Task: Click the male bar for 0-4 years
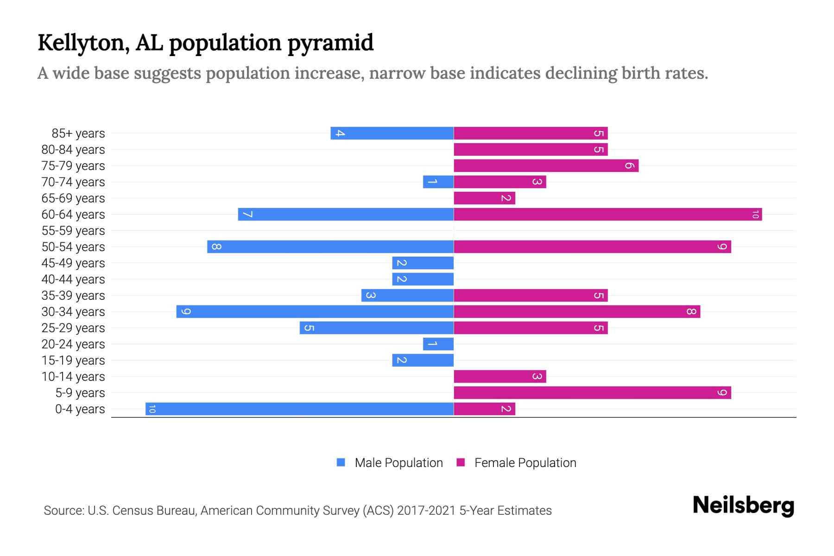coord(299,409)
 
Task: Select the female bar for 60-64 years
coord(607,214)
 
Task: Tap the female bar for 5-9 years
coord(592,392)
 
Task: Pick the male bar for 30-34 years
coord(315,311)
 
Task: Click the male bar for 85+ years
coord(392,133)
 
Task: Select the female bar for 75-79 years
coord(546,165)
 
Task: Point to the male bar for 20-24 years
coord(438,344)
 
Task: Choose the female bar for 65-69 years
coord(484,198)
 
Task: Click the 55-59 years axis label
coord(73,230)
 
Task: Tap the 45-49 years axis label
coord(73,263)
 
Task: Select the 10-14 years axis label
coord(73,376)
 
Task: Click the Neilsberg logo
coord(743,505)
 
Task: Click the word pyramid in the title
coord(330,43)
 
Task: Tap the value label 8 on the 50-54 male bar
coord(216,246)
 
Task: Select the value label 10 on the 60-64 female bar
coord(755,214)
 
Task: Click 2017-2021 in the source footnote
coord(426,511)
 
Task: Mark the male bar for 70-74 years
coord(438,182)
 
